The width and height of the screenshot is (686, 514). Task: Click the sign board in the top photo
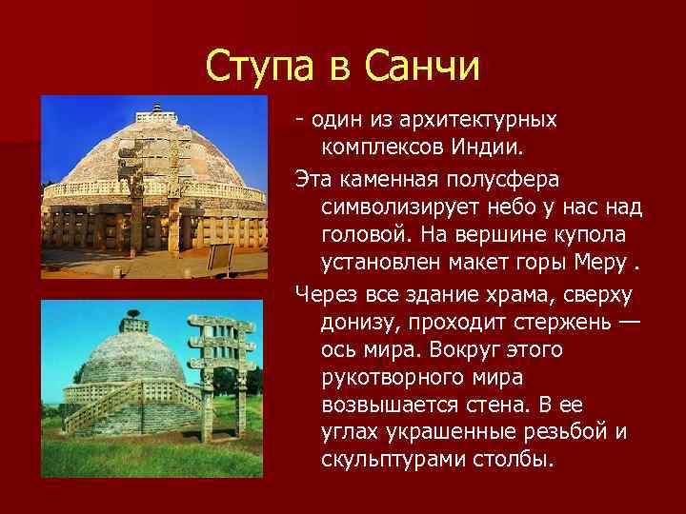220,256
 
